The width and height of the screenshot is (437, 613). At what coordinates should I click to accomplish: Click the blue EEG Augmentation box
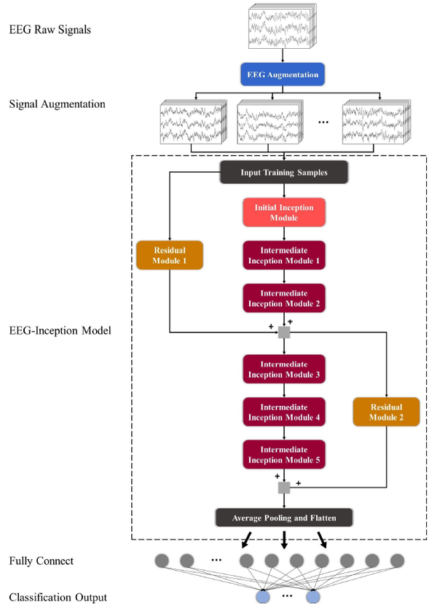(x=284, y=74)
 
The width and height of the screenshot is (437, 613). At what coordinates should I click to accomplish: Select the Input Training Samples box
(x=284, y=172)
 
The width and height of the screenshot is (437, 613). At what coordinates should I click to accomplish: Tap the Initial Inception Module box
(x=284, y=212)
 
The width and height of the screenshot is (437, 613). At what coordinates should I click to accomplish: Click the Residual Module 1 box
(x=169, y=255)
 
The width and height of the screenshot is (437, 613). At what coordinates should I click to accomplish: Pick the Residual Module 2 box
(x=386, y=411)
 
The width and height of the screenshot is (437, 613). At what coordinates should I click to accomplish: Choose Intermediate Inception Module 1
(x=284, y=255)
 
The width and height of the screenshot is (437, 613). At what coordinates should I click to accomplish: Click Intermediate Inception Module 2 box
(x=284, y=297)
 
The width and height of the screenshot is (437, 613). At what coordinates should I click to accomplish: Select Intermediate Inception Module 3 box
(x=284, y=369)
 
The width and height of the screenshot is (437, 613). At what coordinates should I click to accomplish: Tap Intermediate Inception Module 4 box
(x=284, y=411)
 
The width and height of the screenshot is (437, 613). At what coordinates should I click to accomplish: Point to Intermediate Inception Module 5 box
(x=284, y=453)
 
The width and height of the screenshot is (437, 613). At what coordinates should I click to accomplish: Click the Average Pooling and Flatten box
(x=284, y=518)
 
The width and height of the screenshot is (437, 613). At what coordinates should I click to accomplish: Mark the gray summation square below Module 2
(x=284, y=332)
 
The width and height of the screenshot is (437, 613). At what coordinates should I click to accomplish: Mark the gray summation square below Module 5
(x=284, y=487)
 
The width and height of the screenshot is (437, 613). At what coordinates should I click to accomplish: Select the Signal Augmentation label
(x=57, y=104)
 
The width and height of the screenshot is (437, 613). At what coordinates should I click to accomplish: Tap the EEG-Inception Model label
(x=60, y=330)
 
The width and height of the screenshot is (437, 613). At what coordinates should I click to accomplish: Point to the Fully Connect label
(x=42, y=561)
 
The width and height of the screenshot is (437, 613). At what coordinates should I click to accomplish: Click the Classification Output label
(x=58, y=598)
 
